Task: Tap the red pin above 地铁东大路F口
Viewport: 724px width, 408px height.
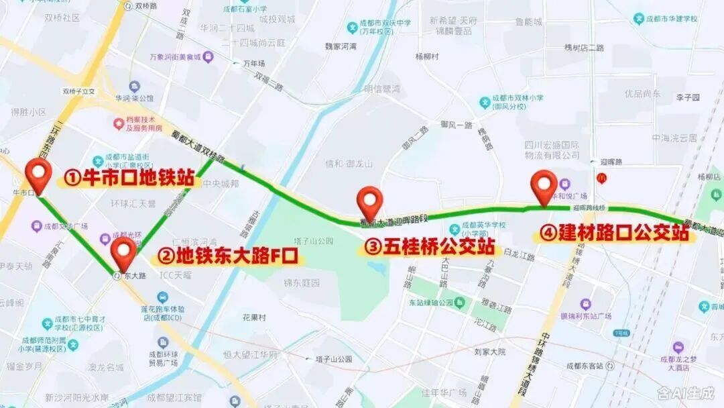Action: coord(123,251)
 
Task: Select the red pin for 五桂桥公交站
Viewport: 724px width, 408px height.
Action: coord(369,200)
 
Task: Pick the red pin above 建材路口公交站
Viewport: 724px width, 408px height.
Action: coord(544,184)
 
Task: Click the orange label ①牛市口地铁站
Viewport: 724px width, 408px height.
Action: coord(129,179)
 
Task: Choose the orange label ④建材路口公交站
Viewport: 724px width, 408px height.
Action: coord(614,234)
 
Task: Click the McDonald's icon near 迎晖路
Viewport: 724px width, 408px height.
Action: coord(601,177)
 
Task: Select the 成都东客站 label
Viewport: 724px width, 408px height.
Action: coord(585,366)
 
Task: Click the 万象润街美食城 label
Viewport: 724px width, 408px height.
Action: coord(175,58)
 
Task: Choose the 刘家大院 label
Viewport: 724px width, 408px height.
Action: coord(489,352)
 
